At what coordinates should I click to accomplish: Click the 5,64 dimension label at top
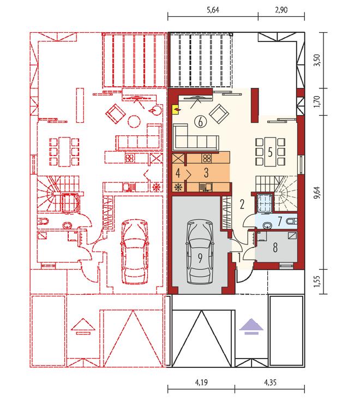click(x=213, y=10)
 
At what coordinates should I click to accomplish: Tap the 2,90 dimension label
click(x=281, y=10)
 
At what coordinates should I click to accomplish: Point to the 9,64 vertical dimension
click(x=317, y=193)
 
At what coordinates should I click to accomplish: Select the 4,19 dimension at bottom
click(x=201, y=382)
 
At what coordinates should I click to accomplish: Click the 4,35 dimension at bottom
click(x=270, y=382)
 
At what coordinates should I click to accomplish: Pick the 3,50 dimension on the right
click(x=317, y=61)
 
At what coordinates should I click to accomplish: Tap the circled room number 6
click(x=200, y=122)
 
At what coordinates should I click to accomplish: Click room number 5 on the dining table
click(x=270, y=152)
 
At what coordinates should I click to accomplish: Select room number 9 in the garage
click(x=200, y=258)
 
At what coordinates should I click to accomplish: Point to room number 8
click(x=275, y=247)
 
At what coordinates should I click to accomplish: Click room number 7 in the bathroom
click(x=280, y=221)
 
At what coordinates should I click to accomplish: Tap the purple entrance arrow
click(x=251, y=326)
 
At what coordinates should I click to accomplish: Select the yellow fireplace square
click(x=176, y=110)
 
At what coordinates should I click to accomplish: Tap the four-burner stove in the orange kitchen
click(x=207, y=158)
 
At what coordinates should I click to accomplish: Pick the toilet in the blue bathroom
click(x=291, y=221)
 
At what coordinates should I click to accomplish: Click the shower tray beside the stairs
click(x=265, y=203)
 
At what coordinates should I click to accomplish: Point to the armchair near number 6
click(x=219, y=114)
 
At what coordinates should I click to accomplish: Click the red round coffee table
click(x=134, y=121)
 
